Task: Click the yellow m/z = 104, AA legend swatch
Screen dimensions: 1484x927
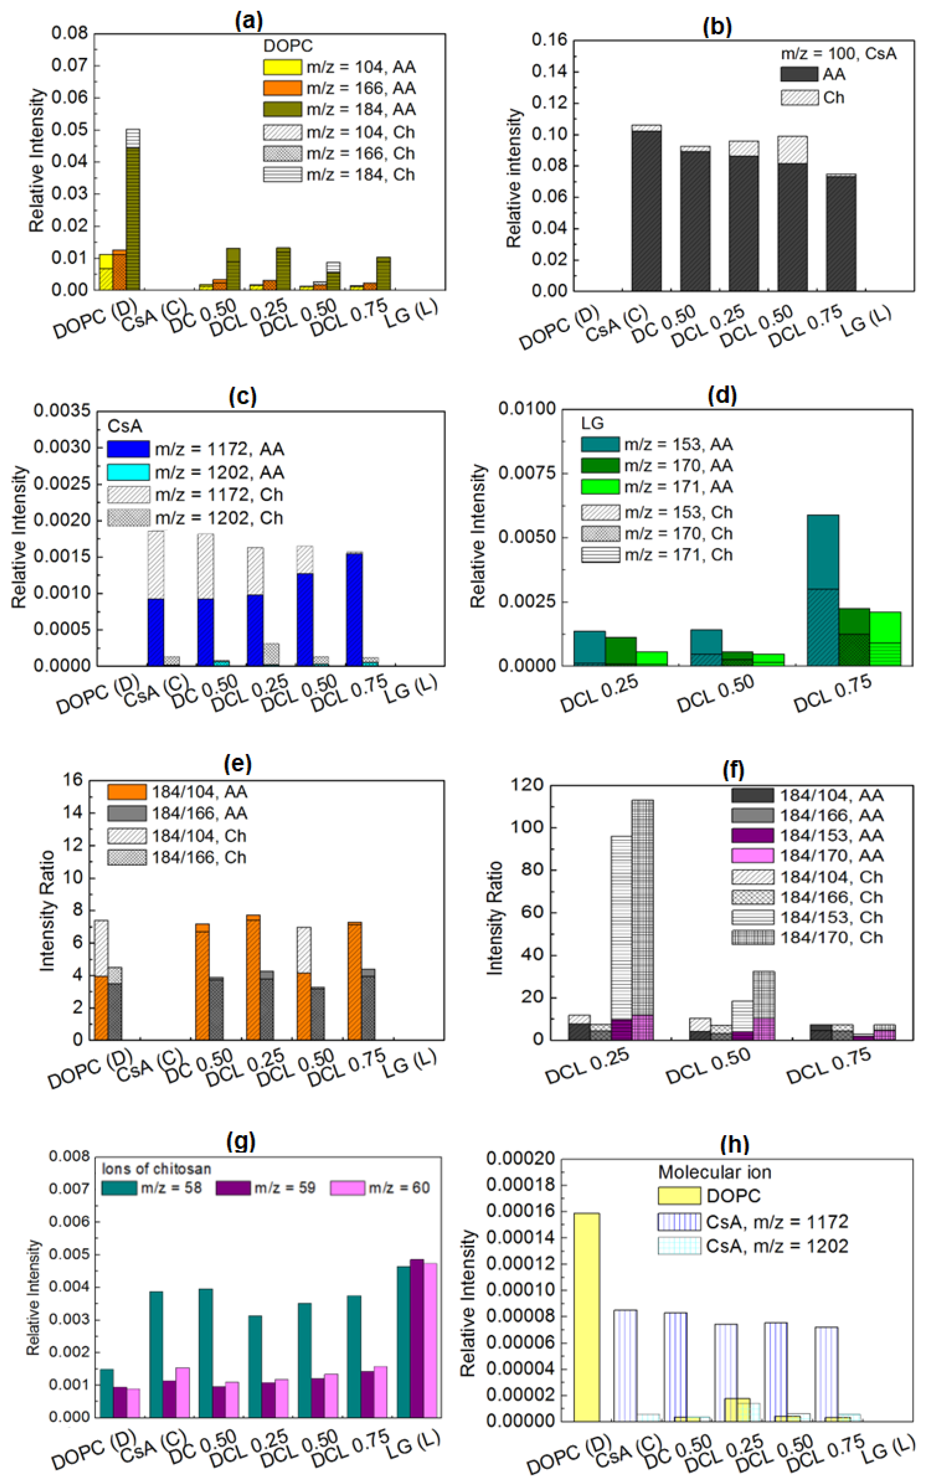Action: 282,67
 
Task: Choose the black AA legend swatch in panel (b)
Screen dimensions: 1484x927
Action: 799,74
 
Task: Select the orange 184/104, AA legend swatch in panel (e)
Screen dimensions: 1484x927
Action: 127,792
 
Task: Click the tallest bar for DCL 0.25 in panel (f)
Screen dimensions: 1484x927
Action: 642,920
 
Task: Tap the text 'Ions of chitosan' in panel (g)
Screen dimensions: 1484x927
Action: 156,1168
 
